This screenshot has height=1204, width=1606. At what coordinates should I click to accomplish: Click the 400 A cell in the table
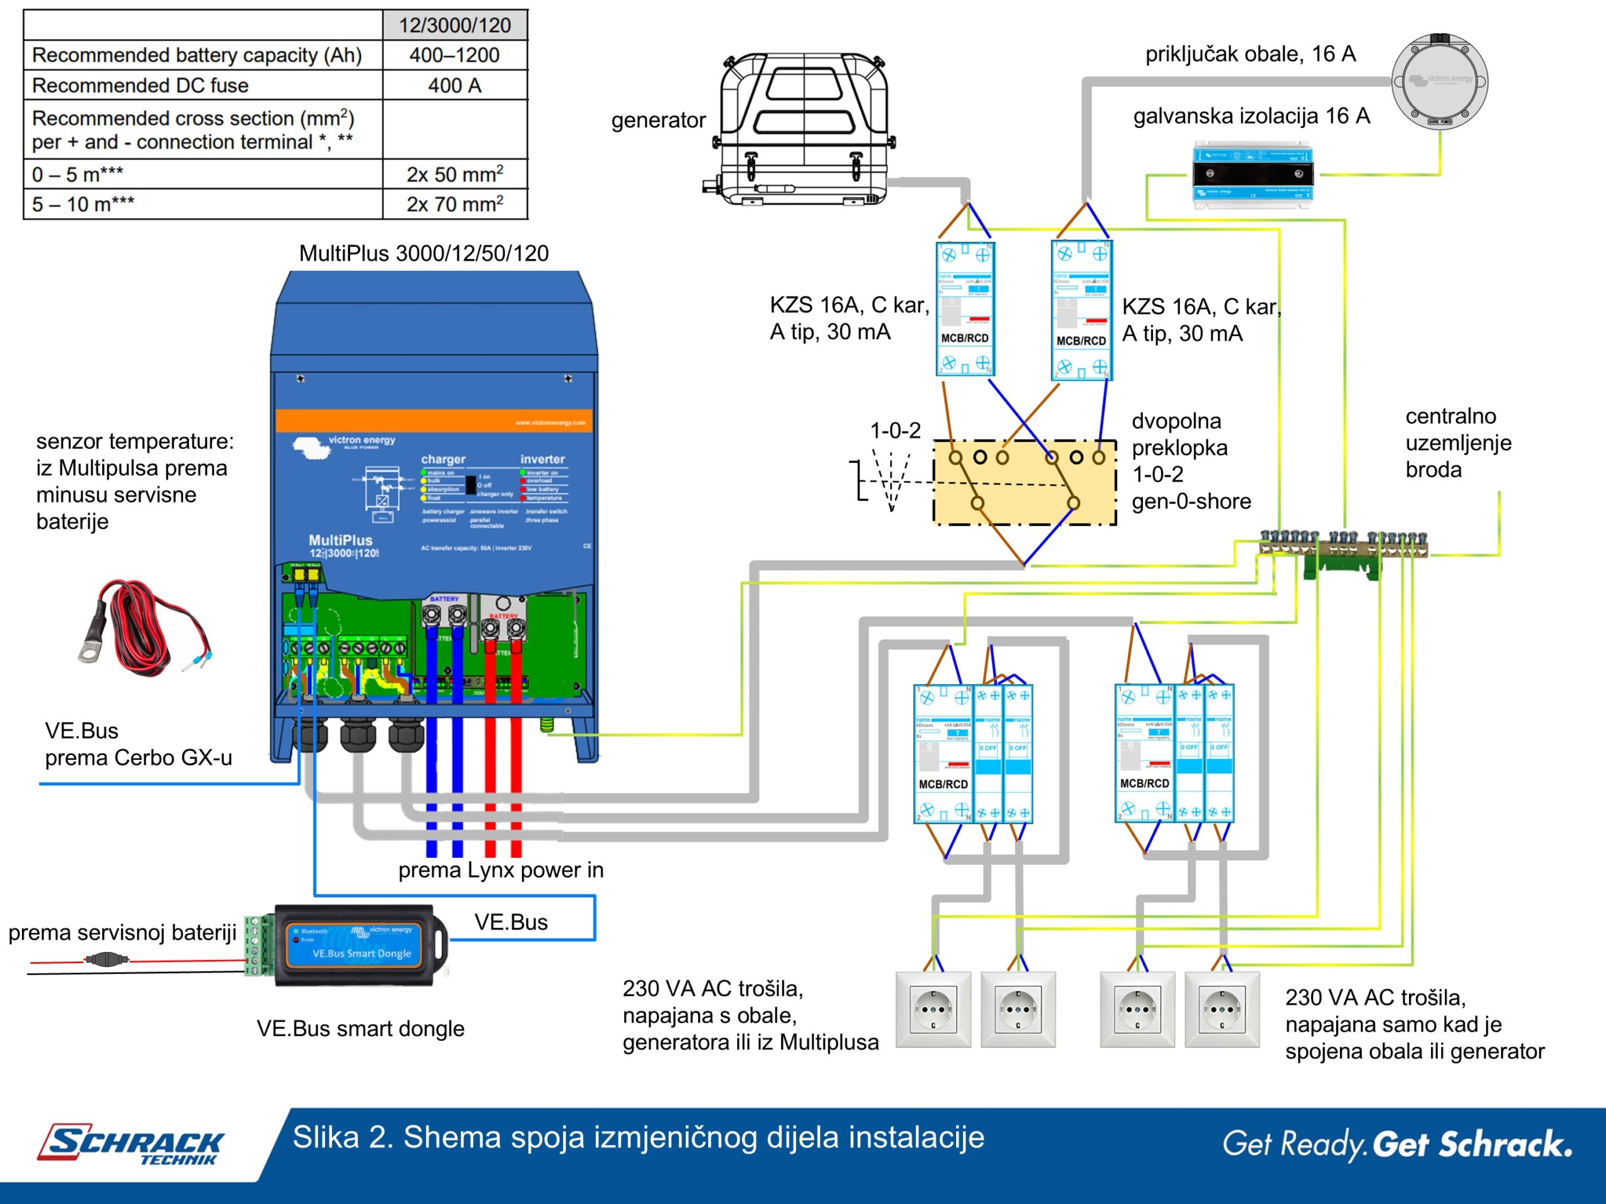pos(454,86)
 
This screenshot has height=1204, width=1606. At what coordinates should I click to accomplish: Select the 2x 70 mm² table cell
pos(454,204)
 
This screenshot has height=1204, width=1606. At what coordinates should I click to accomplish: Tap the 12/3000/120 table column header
pos(454,26)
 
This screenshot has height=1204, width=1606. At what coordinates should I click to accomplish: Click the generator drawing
pos(802,127)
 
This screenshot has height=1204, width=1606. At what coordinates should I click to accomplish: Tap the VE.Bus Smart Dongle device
pos(361,944)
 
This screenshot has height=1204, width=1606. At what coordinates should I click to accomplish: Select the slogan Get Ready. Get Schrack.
pos(1397,1144)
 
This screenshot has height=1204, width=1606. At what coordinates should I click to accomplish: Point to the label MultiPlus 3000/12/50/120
pos(424,253)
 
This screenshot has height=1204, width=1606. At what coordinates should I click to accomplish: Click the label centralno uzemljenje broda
pos(1458,443)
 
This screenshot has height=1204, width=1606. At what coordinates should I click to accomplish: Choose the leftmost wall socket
pos(933,1010)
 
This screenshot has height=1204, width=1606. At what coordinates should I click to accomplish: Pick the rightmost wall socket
pos(1222,1010)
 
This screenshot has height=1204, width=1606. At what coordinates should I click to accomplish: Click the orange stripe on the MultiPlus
pos(434,421)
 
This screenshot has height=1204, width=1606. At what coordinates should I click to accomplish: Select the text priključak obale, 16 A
pos(1250,54)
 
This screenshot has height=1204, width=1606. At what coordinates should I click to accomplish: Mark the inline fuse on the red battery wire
pos(107,959)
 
